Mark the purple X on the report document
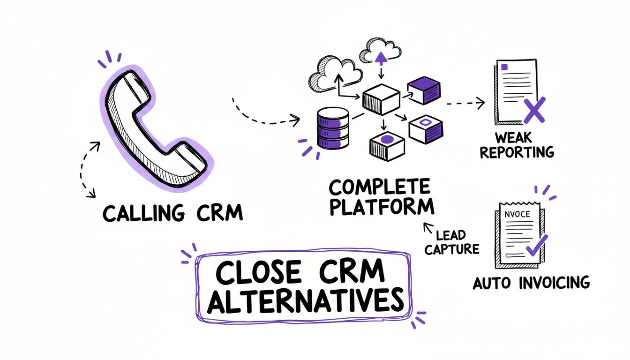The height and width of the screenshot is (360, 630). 533,111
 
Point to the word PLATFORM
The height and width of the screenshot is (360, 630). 381,207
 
